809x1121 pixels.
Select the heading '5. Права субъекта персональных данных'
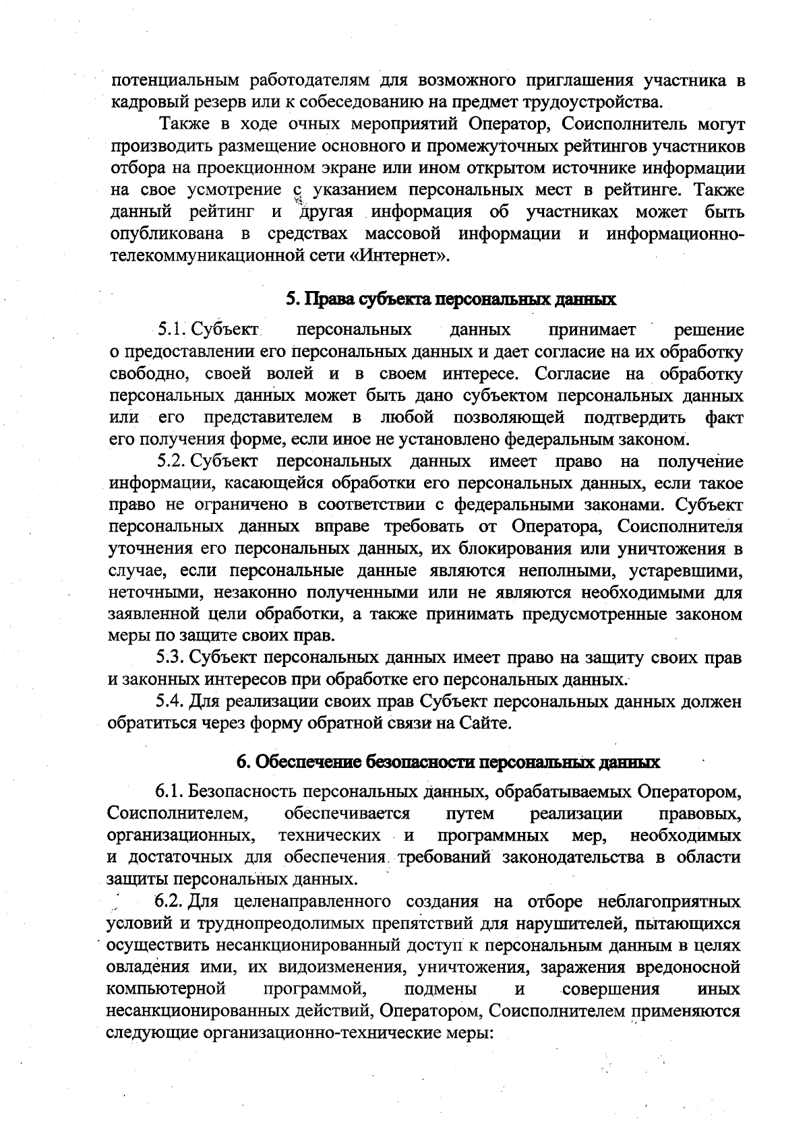pyautogui.click(x=451, y=299)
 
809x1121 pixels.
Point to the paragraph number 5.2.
pyautogui.click(x=171, y=462)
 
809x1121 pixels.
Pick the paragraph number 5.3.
pyautogui.click(x=171, y=658)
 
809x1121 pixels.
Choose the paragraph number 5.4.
pyautogui.click(x=171, y=702)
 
